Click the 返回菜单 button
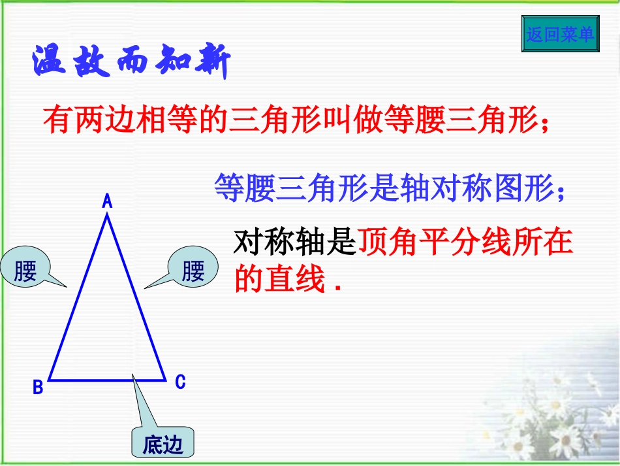[x=560, y=34]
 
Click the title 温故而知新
[x=131, y=63]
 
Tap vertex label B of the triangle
[x=38, y=388]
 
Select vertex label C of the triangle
[x=180, y=382]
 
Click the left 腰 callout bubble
[x=25, y=270]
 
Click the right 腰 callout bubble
[x=193, y=270]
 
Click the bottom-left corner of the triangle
[x=50, y=379]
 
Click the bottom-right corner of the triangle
[x=164, y=379]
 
